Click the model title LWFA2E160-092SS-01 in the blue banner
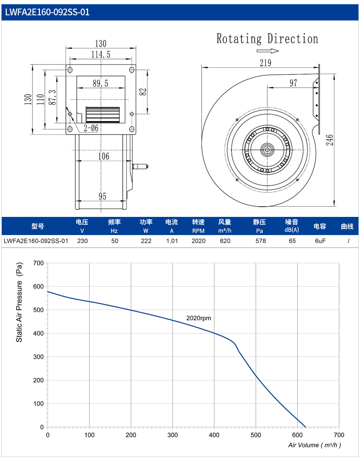tap(47, 12)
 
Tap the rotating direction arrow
tap(268, 51)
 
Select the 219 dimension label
tap(265, 63)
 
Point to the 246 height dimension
tap(329, 140)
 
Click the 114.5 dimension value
tap(101, 54)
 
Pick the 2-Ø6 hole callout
tap(91, 128)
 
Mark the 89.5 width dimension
tap(101, 83)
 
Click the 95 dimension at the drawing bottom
tap(102, 196)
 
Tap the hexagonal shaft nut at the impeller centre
tap(267, 150)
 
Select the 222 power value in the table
tap(146, 241)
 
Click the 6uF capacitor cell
tap(320, 241)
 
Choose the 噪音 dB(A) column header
tap(292, 226)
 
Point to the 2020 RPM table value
tap(199, 241)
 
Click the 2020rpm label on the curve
tap(199, 318)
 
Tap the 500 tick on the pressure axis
tap(38, 310)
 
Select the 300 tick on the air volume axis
tap(173, 435)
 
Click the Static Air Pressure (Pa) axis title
tap(19, 302)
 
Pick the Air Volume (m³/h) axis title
tap(315, 445)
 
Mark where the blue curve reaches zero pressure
tap(306, 427)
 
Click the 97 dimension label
tap(293, 83)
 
